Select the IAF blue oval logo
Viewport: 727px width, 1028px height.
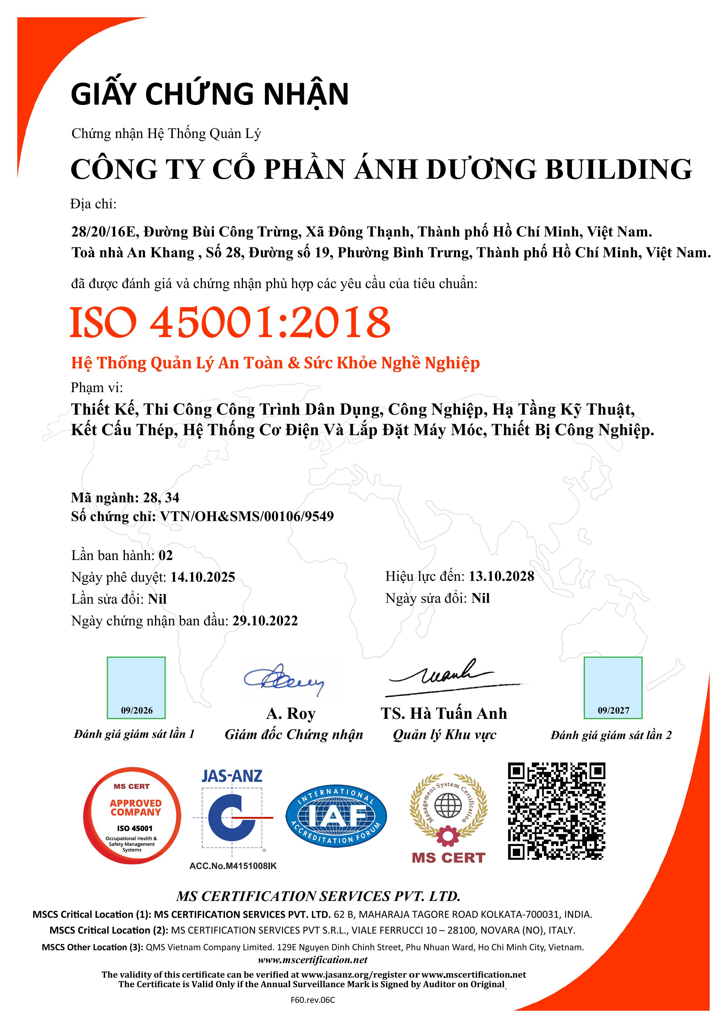pos(336,816)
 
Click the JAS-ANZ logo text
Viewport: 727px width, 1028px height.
pos(232,776)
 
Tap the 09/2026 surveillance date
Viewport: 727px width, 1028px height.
pos(137,711)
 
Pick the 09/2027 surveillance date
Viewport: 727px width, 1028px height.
pos(613,711)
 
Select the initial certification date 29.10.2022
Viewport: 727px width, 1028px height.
pos(265,621)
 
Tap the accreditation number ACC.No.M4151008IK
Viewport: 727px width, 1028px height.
pos(233,866)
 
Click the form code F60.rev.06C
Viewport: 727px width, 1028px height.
pos(312,1000)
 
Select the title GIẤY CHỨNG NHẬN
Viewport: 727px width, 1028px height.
pos(210,94)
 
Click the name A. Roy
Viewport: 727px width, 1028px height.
pos(291,713)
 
